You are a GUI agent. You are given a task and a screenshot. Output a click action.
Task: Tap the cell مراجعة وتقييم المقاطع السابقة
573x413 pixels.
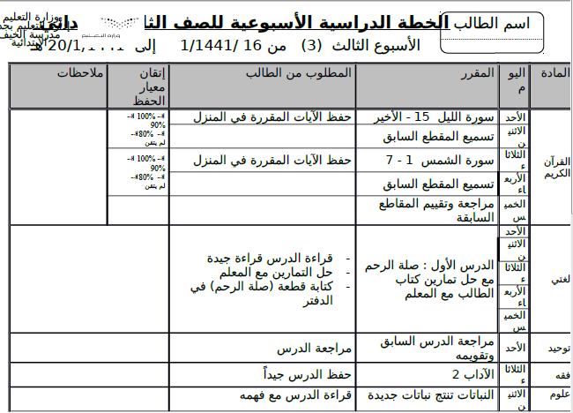coord(439,209)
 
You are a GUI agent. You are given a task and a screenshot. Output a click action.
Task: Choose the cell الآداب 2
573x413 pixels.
coord(466,372)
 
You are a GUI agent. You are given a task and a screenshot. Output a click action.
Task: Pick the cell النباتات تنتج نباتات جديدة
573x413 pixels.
coord(427,394)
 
